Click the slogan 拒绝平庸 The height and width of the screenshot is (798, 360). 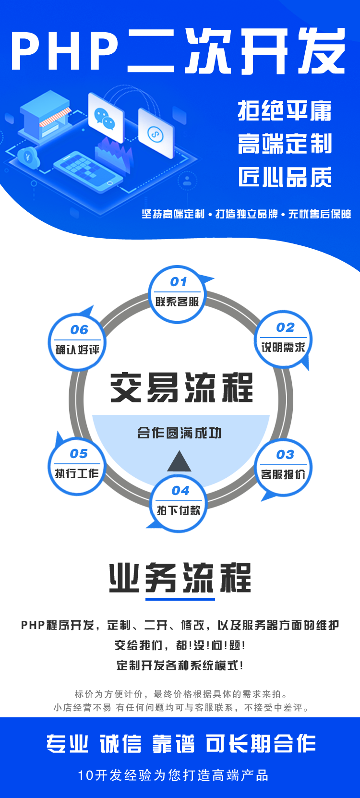[285, 111]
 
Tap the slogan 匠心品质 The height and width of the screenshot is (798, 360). [285, 177]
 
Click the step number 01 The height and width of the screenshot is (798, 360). [179, 282]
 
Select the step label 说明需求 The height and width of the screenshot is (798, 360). [283, 347]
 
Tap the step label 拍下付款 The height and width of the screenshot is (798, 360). [179, 510]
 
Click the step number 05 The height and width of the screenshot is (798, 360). [79, 454]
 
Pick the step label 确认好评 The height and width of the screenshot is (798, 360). [77, 350]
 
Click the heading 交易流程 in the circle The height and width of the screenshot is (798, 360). [181, 387]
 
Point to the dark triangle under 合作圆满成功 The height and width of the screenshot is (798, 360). [180, 462]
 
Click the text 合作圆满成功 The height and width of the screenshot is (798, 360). [180, 433]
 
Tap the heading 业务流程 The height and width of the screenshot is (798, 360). [180, 577]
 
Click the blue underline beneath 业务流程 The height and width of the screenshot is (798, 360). [180, 599]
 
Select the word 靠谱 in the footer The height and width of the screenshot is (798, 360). [173, 744]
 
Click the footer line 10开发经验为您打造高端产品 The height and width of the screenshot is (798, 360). [173, 775]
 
